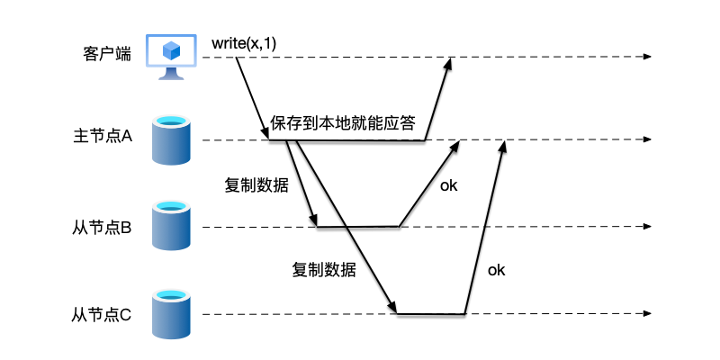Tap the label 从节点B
pyautogui.click(x=102, y=228)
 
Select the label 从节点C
pyautogui.click(x=102, y=314)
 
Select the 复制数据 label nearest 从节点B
pyautogui.click(x=256, y=185)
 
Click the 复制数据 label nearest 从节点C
pyautogui.click(x=323, y=269)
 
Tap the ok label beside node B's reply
pyautogui.click(x=448, y=185)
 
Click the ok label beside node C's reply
pyautogui.click(x=496, y=268)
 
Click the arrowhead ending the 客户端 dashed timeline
pyautogui.click(x=646, y=58)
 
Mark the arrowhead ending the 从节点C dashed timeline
pyautogui.click(x=646, y=314)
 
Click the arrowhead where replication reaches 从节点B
pyautogui.click(x=314, y=222)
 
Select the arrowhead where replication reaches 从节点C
pyautogui.click(x=393, y=308)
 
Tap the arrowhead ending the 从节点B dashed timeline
pyautogui.click(x=646, y=227)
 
